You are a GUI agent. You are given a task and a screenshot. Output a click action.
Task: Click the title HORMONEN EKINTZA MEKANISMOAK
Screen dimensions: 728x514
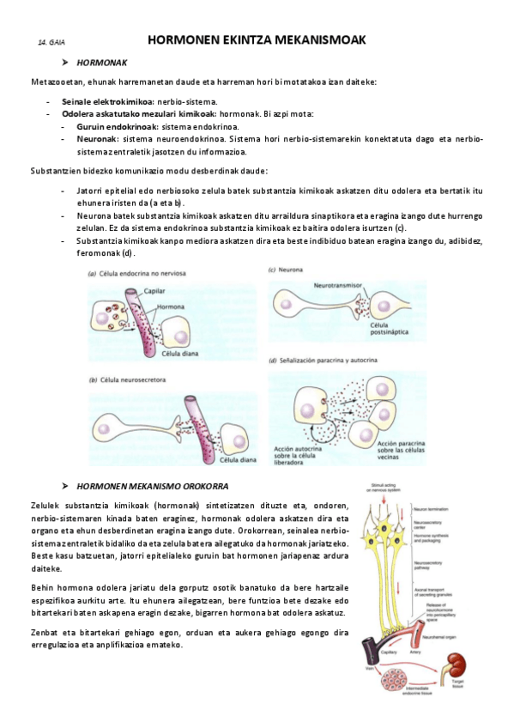(257, 39)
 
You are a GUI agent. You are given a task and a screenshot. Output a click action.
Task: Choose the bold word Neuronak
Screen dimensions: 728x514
(97, 137)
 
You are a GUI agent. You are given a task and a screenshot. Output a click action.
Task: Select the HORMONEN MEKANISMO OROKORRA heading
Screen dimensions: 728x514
(158, 486)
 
